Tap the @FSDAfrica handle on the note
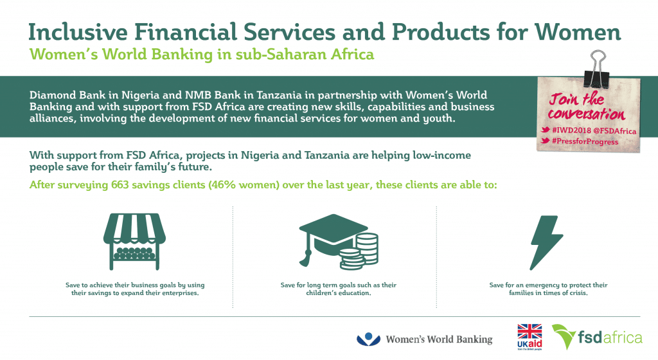615,131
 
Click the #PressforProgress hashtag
585,141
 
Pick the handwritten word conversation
586,114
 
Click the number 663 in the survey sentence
120,185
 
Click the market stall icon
135,241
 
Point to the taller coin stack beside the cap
367,248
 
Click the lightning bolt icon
546,242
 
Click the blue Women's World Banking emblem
368,339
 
